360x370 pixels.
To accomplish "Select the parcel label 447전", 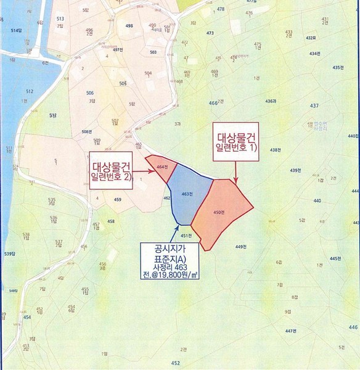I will click(x=292, y=331).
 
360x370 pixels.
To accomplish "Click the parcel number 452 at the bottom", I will click(x=176, y=363).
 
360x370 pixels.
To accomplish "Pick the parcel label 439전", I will click(x=295, y=170).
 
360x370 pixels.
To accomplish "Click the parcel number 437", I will click(x=314, y=106).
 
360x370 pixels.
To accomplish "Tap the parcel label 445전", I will click(x=335, y=258).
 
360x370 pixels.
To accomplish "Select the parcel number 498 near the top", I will click(x=129, y=26).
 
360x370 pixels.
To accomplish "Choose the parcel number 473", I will click(x=210, y=33).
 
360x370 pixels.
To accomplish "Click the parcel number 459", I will click(x=118, y=200).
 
